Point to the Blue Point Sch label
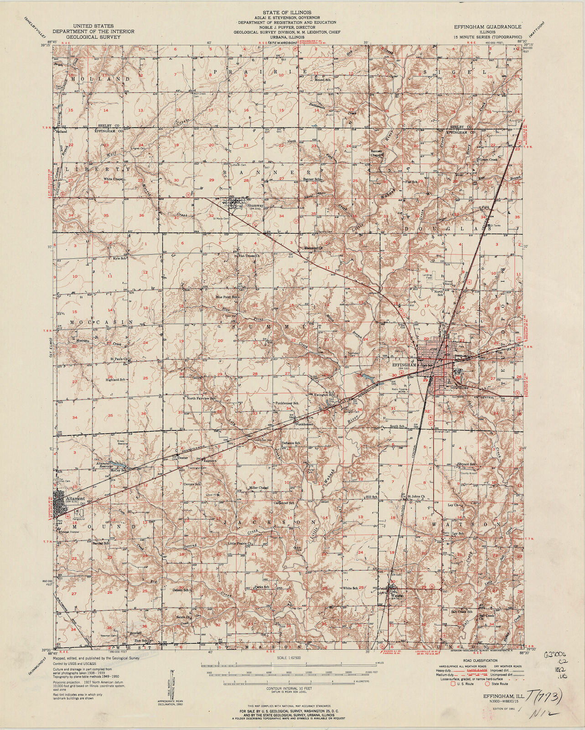(227, 297)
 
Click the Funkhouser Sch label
(286, 404)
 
